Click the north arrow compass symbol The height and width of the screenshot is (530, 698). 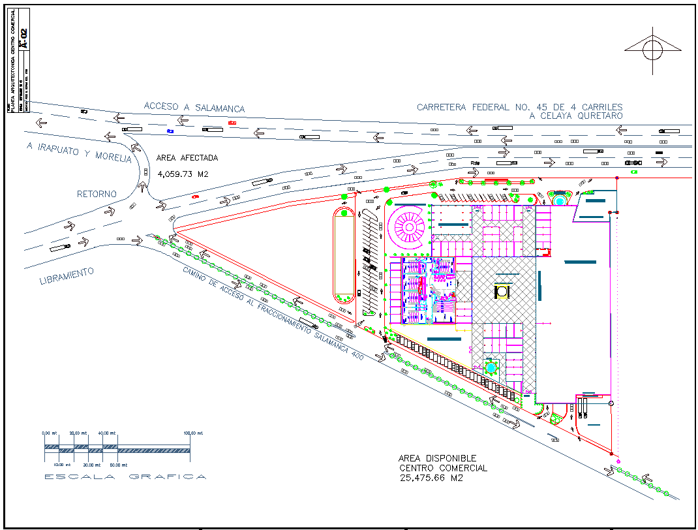point(653,50)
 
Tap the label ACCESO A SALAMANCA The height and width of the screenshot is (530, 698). point(194,108)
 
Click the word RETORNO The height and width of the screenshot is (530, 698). point(97,194)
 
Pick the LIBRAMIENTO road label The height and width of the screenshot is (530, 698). point(67,276)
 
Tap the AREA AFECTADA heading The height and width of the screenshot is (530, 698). point(187,158)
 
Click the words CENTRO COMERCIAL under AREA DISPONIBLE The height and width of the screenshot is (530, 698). point(443,468)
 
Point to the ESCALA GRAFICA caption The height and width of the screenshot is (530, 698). point(125,476)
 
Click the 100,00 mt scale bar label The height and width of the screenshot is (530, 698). point(192,433)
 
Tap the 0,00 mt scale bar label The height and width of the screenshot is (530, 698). point(50,433)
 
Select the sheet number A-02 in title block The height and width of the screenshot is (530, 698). point(24,38)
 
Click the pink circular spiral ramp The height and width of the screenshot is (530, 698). point(408,226)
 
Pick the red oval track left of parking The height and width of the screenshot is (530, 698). point(344,254)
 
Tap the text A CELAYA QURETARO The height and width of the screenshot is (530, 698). point(575,116)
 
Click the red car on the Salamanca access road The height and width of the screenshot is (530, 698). point(232,122)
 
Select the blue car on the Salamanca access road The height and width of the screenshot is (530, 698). point(170,131)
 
